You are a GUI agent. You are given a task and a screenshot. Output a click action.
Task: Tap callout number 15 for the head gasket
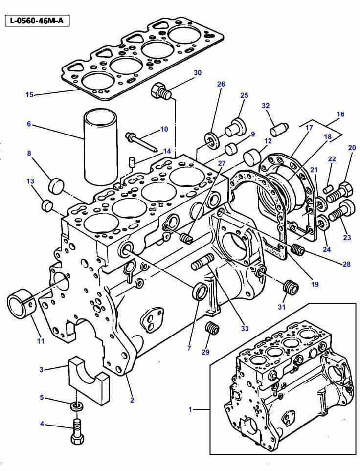coord(29,94)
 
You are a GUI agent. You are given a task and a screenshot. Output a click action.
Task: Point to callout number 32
coord(266,106)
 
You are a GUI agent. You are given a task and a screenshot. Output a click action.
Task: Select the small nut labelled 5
coord(76,405)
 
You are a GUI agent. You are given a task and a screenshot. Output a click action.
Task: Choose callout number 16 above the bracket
coord(340,114)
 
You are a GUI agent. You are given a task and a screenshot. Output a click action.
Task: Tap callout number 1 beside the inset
coord(190,409)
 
